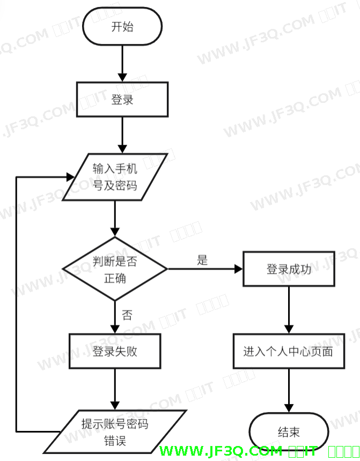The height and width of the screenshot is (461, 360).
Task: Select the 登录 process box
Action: (x=122, y=99)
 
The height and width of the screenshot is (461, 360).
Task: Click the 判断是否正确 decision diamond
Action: (x=115, y=270)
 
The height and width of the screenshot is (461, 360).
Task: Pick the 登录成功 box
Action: (x=289, y=269)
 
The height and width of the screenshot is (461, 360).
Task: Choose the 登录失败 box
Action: (x=115, y=352)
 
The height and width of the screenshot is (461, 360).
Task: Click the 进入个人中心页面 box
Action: (x=289, y=352)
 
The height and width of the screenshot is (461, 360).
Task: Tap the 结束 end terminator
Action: (x=289, y=432)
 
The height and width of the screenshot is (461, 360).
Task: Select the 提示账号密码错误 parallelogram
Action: (x=115, y=432)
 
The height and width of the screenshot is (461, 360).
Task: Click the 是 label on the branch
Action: (x=202, y=261)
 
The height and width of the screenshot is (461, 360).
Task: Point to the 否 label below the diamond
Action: (x=127, y=315)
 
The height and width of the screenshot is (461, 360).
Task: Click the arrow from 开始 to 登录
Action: (x=122, y=63)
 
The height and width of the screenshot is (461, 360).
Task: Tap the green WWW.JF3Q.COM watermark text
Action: (x=220, y=451)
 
